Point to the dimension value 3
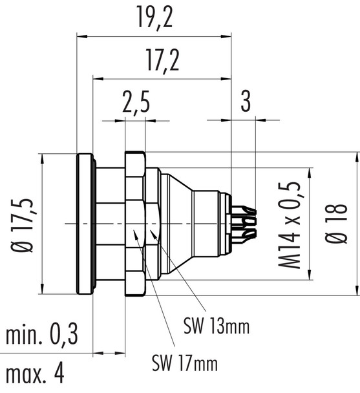[245, 101]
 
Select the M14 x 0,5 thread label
[293, 225]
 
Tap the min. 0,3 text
[42, 335]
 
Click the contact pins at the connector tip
[244, 224]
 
